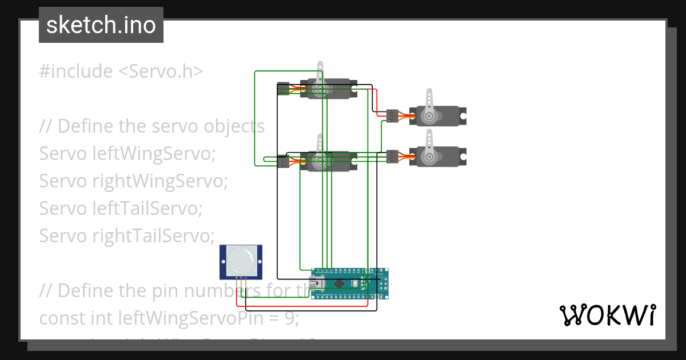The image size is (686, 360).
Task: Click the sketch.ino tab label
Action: [101, 25]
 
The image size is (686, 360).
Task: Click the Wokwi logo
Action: [607, 315]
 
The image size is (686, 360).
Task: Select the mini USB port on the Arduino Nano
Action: [316, 283]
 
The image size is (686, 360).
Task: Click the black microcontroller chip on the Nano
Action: [340, 283]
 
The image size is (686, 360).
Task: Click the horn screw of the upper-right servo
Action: [429, 116]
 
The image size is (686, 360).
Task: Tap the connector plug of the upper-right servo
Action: [392, 116]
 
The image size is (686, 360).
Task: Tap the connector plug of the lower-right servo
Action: [392, 156]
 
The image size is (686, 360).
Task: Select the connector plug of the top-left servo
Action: [282, 89]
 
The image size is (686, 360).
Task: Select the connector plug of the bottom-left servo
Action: [282, 162]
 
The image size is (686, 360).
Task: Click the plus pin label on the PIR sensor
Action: [236, 277]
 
